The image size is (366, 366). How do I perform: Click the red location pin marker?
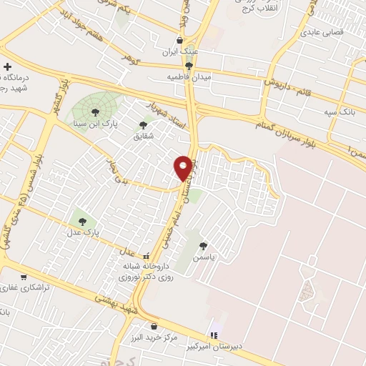coord(184,167)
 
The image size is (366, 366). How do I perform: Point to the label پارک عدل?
coord(84,233)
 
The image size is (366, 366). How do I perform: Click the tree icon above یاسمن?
coord(204,244)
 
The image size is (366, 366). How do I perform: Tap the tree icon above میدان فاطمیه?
coord(189,65)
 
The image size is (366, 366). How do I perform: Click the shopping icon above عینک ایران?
coord(180,40)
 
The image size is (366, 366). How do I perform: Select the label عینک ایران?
coord(180,51)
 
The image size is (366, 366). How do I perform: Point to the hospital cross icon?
coord(7,66)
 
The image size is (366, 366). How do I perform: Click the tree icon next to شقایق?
coord(143,124)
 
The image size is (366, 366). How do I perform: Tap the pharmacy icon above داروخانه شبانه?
coord(146,255)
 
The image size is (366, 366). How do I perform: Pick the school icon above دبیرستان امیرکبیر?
coord(213,334)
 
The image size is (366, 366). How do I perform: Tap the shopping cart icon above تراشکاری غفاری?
coord(24,277)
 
